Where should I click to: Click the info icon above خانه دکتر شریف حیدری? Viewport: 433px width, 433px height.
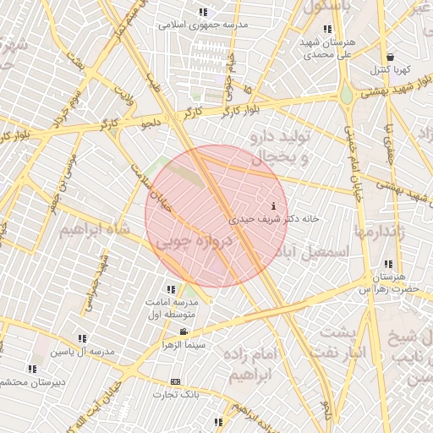point(273,206)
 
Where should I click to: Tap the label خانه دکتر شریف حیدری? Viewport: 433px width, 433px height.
point(274,218)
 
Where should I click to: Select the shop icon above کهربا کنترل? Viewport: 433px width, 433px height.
point(389,56)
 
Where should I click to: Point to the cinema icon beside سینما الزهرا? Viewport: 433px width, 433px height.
point(184,332)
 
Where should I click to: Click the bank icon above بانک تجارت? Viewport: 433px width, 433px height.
point(176,382)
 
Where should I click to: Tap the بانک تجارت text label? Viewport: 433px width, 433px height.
point(175,394)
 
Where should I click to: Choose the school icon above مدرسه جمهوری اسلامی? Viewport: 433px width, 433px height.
point(202,12)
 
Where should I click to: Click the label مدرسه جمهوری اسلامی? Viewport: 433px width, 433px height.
point(202,25)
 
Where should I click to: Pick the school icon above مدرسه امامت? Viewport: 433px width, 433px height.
point(172,290)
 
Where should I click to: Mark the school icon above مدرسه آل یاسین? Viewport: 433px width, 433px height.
point(82,338)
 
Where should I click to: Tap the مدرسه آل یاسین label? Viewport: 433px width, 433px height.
point(81,351)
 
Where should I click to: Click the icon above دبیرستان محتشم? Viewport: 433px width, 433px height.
point(32,369)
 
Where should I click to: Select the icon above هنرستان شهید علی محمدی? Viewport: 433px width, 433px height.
point(327,29)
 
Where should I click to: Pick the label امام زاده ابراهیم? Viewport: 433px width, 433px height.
point(254,364)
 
